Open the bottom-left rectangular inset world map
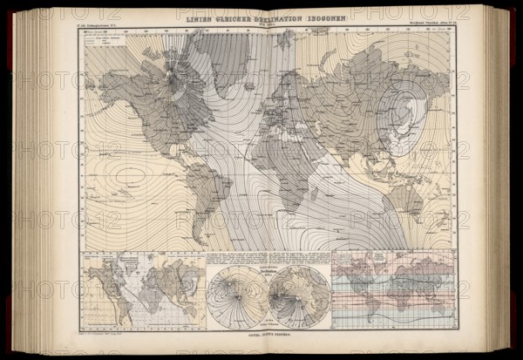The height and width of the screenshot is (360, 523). click(144, 291)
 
